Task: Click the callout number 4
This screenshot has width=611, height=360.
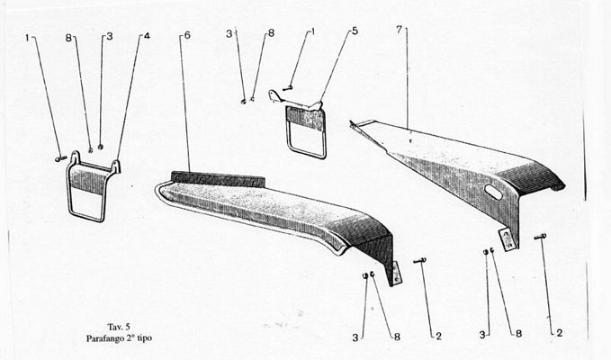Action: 147,36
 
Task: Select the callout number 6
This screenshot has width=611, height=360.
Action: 187,35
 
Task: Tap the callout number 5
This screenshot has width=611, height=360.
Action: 355,31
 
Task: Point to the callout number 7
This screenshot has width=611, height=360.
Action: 399,30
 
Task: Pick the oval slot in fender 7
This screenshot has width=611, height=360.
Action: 494,192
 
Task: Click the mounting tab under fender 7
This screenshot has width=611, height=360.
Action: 508,238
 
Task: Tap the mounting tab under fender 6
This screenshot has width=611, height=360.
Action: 395,274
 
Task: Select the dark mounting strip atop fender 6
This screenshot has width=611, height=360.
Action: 218,179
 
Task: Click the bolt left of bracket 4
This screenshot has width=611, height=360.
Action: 61,158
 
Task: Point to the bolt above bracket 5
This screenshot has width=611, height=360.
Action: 288,89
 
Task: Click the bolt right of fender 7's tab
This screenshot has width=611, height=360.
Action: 540,237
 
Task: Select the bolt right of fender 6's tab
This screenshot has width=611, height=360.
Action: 419,261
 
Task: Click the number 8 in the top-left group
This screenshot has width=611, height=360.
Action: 68,38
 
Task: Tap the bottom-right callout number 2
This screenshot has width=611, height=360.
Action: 560,333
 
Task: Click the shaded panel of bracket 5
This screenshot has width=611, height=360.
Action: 306,119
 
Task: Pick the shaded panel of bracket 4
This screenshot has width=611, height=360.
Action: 90,178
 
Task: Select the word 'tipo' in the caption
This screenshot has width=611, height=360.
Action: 145,338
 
